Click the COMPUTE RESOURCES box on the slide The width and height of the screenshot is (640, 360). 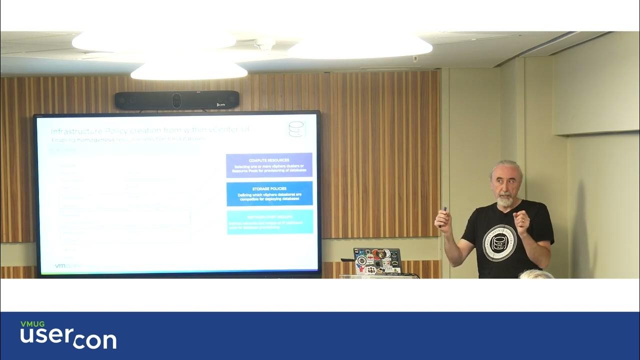tap(269, 165)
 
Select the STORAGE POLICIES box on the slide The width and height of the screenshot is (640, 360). tap(269, 193)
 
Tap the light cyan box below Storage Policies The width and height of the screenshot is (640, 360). tap(269, 221)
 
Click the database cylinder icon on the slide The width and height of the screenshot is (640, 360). tap(296, 129)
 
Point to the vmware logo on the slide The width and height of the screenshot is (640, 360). tap(67, 266)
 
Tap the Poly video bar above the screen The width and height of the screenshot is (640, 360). tap(176, 100)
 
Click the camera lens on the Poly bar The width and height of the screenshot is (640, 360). tap(176, 100)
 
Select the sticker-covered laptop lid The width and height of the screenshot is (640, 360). tap(377, 260)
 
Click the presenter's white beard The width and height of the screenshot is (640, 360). tap(505, 201)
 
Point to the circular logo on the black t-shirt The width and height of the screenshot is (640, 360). tap(499, 242)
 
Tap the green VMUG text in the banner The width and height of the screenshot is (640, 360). tap(32, 324)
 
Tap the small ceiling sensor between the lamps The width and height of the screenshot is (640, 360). tap(265, 45)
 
